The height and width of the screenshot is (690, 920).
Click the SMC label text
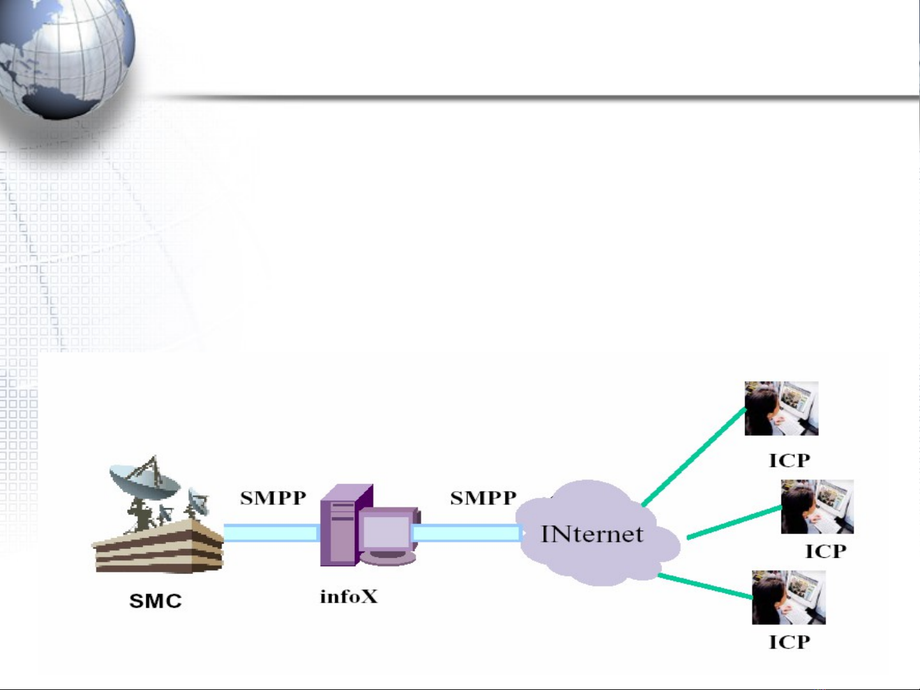click(x=155, y=601)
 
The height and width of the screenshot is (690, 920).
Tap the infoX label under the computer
click(x=349, y=597)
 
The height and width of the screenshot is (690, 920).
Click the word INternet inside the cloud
click(x=592, y=534)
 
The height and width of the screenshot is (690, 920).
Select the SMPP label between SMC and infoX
click(x=273, y=498)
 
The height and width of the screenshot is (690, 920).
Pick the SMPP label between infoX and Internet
click(x=483, y=498)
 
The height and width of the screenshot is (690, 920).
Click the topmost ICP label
click(x=789, y=460)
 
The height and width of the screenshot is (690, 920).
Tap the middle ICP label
click(x=826, y=551)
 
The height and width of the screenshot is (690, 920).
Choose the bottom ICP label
click(x=789, y=641)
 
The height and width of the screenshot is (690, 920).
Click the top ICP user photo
click(x=781, y=409)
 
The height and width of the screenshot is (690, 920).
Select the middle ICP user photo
click(x=817, y=507)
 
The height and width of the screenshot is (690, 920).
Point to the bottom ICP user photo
click(x=788, y=597)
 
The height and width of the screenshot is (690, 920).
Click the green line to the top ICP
click(x=694, y=456)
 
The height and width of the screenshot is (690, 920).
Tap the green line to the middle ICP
click(x=734, y=523)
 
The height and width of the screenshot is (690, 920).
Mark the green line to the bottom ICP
click(x=705, y=586)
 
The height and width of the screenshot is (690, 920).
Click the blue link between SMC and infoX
click(x=271, y=532)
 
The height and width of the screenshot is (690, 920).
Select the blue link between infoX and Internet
click(x=467, y=532)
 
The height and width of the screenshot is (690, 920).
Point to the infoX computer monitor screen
click(x=387, y=531)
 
